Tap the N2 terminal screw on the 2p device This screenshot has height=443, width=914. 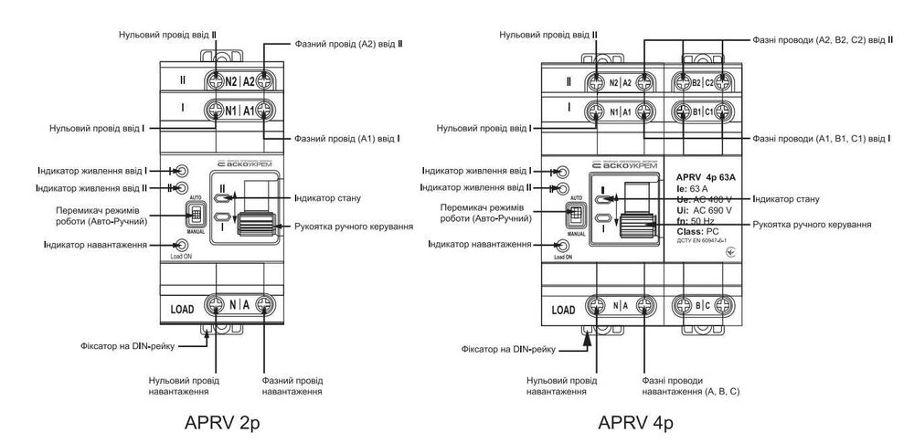pos(217,79)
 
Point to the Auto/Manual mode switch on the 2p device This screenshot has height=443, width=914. pos(195,216)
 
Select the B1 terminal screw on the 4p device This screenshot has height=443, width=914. pos(682,112)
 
